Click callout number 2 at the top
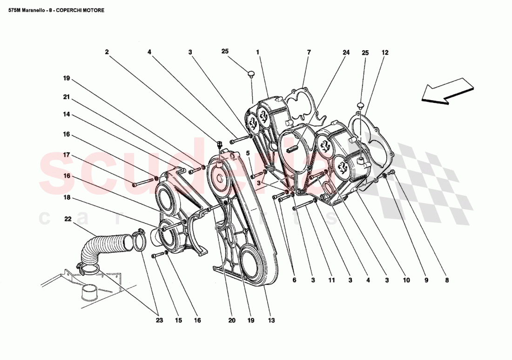107,53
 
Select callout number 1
257,53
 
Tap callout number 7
308,53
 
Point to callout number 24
346,53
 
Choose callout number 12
384,53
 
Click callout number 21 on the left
67,97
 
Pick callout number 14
67,114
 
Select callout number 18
67,197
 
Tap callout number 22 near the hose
68,219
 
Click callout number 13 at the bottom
271,320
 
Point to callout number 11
331,280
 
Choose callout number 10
406,280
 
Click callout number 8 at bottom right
447,280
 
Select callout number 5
248,153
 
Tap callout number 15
178,320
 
